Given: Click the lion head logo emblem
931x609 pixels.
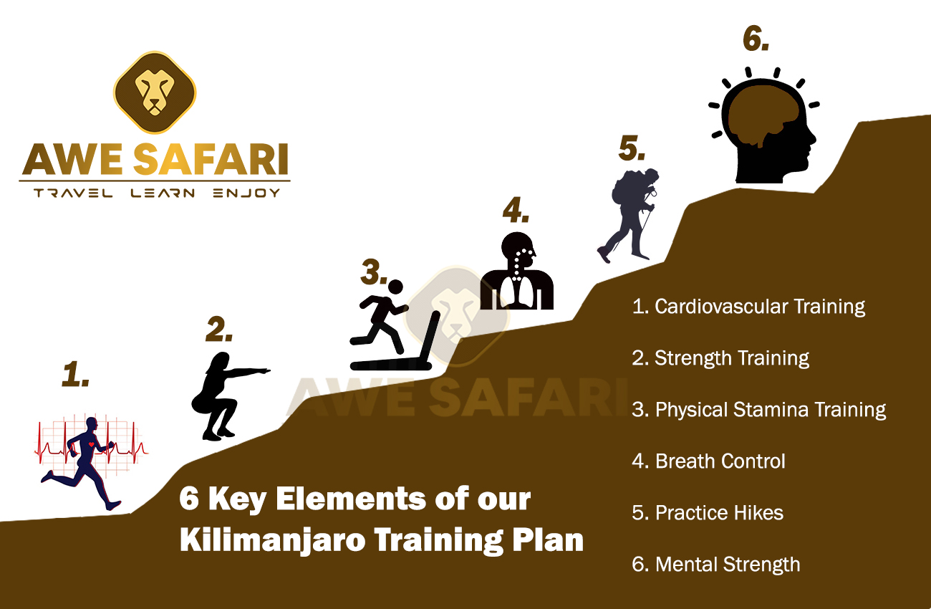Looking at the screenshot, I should [x=155, y=92].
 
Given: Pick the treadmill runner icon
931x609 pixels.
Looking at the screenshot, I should [x=390, y=326].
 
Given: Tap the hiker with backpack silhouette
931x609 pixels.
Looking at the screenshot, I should [x=628, y=214].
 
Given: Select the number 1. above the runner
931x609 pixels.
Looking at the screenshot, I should [x=75, y=375].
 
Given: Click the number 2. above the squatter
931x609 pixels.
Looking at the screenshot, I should [x=219, y=329].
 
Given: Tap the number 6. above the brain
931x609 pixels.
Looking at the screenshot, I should [x=756, y=39].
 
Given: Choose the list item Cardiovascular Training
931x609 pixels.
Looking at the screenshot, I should [x=749, y=307].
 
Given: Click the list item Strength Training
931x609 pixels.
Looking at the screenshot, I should [x=720, y=358].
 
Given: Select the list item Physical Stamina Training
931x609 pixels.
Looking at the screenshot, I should [x=759, y=410].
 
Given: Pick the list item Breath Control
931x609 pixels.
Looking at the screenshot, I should [x=708, y=461].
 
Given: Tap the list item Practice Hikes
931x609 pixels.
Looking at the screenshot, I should [x=708, y=513].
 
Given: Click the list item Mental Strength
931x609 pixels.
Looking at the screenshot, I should [x=715, y=565].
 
